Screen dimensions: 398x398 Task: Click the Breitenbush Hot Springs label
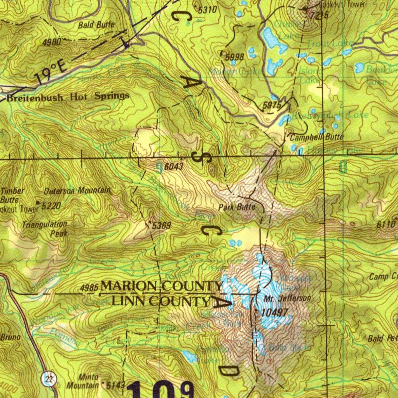(x=68, y=97)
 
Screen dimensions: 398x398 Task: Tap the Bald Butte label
(x=96, y=25)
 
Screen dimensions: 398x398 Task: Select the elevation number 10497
(x=275, y=312)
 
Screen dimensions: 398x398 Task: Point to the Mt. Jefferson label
(x=287, y=298)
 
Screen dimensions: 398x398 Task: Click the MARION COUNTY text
(x=162, y=286)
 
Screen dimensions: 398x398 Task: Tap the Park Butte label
(x=237, y=207)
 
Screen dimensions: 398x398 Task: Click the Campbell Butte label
(x=316, y=137)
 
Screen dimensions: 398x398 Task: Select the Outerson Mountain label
(x=77, y=191)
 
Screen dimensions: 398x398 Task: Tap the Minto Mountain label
(x=83, y=381)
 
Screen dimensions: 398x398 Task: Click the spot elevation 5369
(x=161, y=225)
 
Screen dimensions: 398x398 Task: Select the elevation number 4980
(x=51, y=42)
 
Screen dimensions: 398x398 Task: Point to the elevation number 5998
(x=234, y=57)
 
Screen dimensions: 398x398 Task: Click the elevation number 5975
(x=272, y=105)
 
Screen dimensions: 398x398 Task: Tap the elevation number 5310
(x=207, y=10)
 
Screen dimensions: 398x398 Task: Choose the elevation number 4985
(x=89, y=288)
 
